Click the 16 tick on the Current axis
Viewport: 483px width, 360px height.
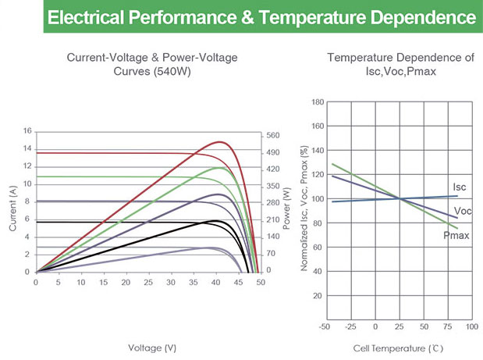28,131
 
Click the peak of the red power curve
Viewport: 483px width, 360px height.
221,142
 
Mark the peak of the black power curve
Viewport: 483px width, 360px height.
214,221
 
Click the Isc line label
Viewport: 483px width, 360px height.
460,187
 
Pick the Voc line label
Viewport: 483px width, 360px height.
462,212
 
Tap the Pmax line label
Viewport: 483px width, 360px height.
456,234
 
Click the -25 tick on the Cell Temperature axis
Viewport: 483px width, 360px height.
351,326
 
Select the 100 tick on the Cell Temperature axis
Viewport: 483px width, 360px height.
471,326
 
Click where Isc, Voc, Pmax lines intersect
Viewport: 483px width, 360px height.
400,198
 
